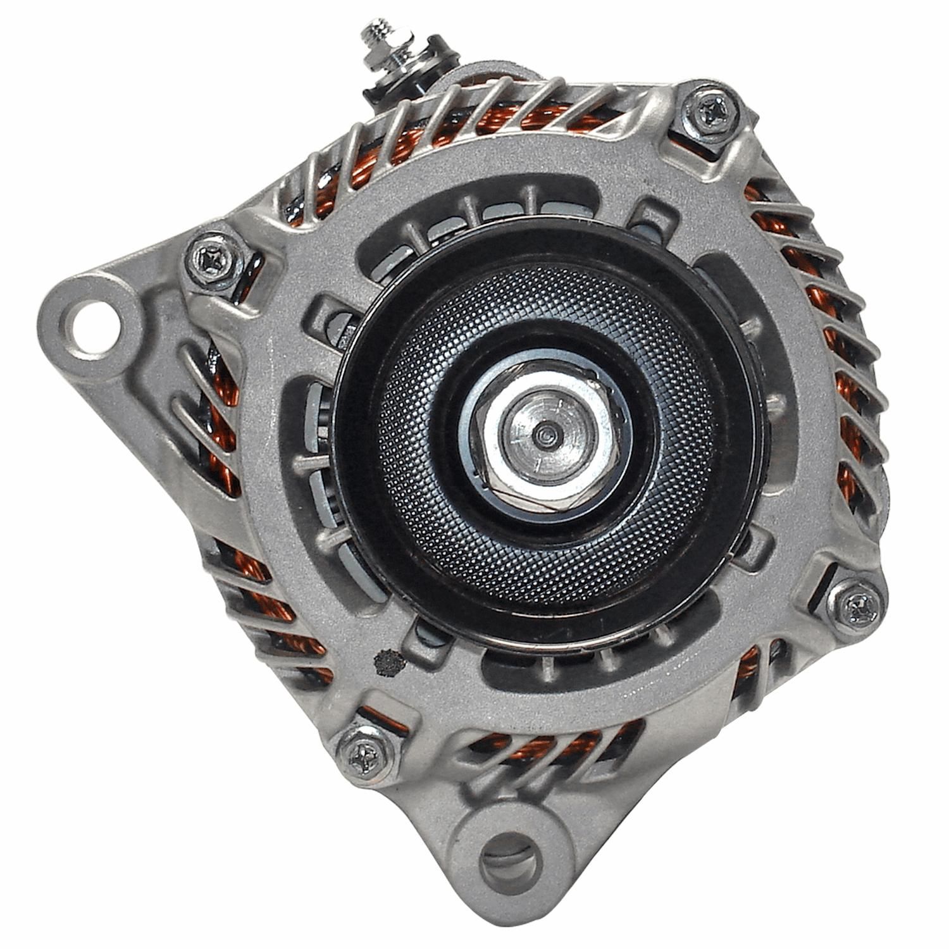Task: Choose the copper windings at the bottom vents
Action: point(538,750)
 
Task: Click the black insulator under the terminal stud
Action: point(380,92)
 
